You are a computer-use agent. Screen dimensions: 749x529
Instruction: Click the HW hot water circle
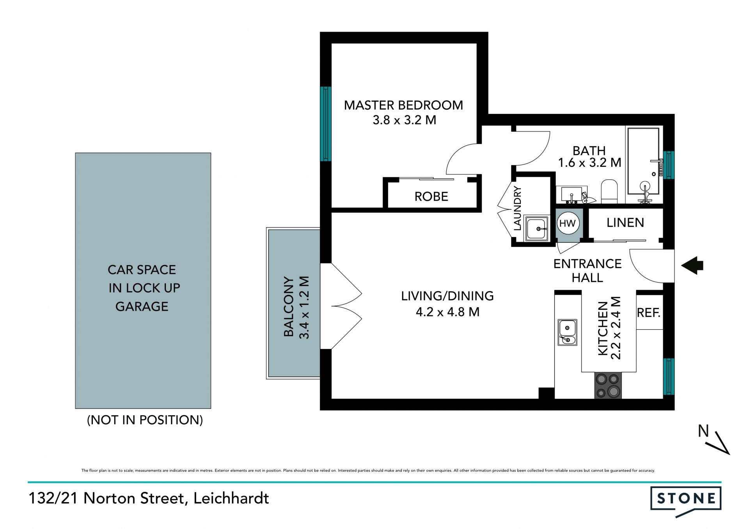(x=568, y=223)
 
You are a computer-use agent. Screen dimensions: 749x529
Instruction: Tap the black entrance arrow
(x=692, y=265)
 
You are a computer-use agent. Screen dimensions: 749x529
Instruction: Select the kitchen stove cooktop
(x=608, y=385)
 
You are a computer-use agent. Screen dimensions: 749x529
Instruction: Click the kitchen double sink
(x=567, y=333)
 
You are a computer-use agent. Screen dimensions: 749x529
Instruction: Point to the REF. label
(x=648, y=313)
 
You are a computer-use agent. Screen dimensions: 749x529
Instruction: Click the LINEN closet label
(x=625, y=223)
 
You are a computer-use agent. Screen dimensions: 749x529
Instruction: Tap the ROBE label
(x=431, y=196)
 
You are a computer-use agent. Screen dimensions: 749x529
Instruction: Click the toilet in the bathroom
(x=609, y=191)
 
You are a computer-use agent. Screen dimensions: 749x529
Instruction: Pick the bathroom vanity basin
(x=572, y=195)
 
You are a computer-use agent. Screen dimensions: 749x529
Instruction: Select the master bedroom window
(x=325, y=124)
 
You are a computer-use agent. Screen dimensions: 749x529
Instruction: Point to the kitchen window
(x=669, y=377)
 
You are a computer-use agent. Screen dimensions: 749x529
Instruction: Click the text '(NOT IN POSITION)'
(x=145, y=420)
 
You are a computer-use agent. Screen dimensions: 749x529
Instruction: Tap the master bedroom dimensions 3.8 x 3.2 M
(x=404, y=120)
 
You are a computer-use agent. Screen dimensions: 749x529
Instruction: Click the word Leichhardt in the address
(x=231, y=498)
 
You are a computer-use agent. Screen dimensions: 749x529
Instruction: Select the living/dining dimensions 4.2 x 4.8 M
(x=447, y=312)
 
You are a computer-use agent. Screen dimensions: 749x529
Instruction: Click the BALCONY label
(x=289, y=307)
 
